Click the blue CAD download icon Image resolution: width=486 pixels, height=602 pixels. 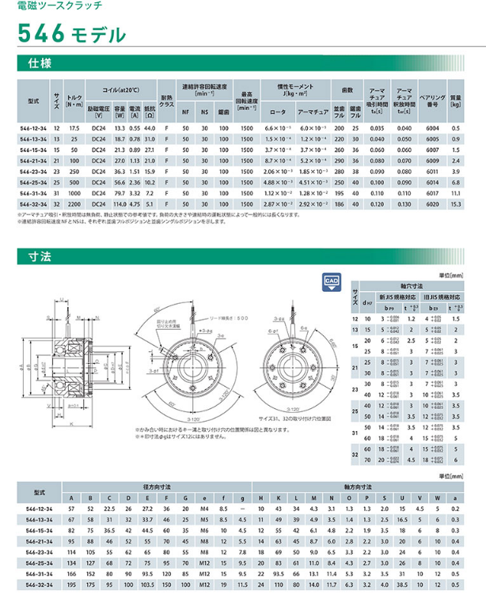coord(331,282)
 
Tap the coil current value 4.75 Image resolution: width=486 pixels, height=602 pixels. coord(135,204)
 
